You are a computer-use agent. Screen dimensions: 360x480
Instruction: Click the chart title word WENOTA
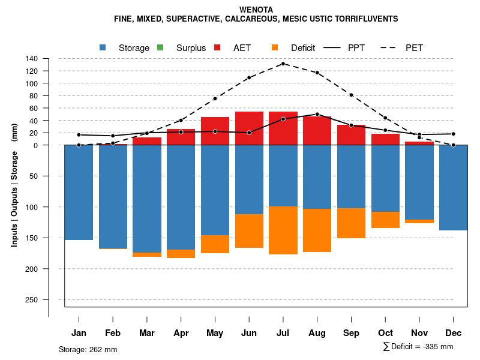coord(256,10)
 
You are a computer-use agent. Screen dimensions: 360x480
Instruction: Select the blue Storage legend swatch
coord(103,47)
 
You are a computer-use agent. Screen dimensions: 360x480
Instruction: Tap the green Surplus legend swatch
coord(160,47)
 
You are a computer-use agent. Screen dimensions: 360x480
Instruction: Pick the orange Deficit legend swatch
coord(275,47)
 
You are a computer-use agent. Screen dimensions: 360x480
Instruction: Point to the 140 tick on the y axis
coord(32,59)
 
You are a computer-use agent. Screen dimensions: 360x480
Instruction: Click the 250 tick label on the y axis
coord(32,299)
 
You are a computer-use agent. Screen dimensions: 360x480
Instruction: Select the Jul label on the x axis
coord(283,333)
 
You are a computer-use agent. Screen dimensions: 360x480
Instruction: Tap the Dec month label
coord(454,333)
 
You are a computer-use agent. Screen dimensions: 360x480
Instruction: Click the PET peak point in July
coord(283,64)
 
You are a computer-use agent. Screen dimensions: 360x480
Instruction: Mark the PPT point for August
coord(317,114)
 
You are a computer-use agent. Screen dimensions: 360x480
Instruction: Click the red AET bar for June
coord(249,128)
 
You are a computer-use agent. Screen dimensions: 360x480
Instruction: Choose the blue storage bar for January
coord(79,192)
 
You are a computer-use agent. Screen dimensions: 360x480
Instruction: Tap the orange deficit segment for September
coord(352,223)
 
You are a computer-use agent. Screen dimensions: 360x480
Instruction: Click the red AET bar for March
coord(147,141)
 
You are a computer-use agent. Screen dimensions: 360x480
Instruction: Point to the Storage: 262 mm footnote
coord(88,349)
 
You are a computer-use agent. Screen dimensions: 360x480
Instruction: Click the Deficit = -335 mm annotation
coord(418,347)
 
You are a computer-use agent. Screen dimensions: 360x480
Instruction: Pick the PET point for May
coord(215,98)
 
